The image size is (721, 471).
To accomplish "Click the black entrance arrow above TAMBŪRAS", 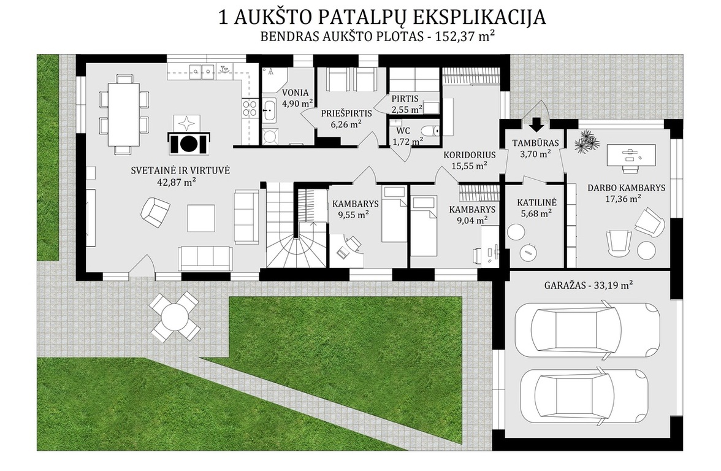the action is point(536,124).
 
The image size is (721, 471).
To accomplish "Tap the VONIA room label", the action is point(296,93).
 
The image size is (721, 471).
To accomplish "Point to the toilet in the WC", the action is point(431,131).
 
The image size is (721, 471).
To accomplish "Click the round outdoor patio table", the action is point(175,316).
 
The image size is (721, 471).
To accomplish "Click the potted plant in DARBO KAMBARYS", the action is point(587,142).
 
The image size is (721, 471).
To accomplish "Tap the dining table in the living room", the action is point(123,114).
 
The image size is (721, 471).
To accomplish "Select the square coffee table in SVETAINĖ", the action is point(201,218).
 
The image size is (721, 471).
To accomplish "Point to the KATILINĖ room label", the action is point(536,202).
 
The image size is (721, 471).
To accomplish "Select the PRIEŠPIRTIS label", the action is point(346,113).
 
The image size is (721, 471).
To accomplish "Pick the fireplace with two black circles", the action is point(188,142).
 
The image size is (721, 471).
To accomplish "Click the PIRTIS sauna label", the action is point(405,99).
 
